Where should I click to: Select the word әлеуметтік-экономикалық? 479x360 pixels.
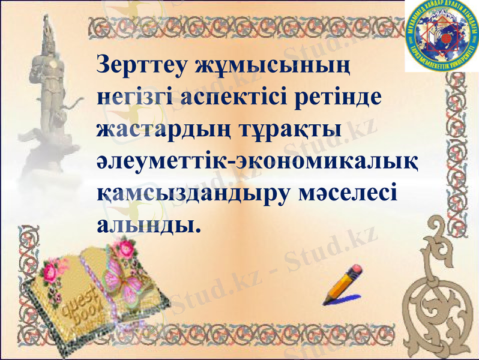[x=258, y=162]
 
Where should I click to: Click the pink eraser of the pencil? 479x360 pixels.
[x=356, y=270]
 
